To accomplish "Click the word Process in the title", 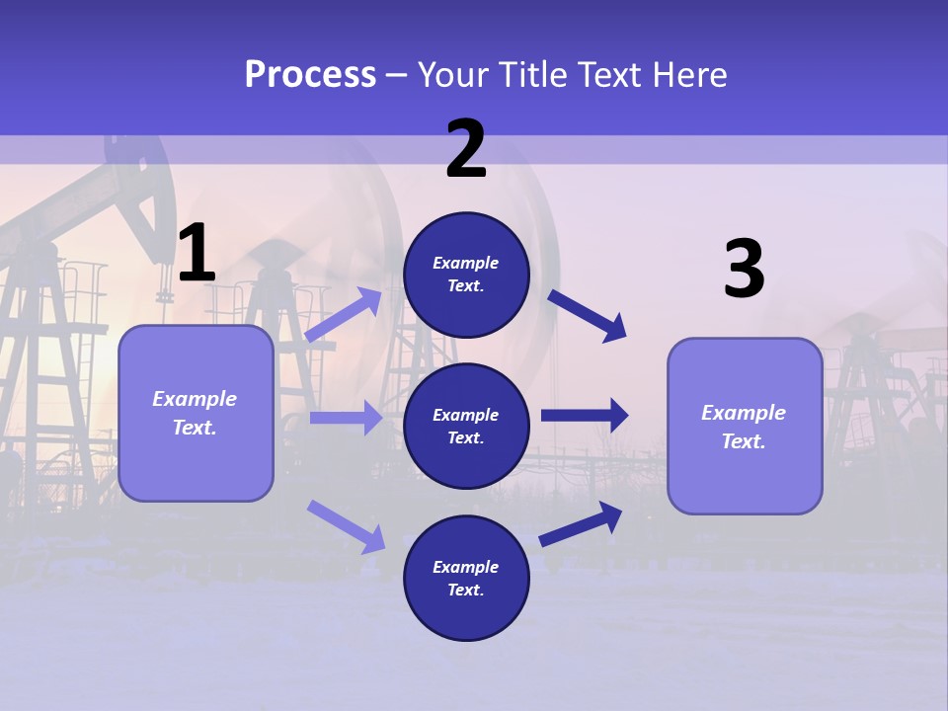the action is pyautogui.click(x=311, y=75).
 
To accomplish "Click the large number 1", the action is pyautogui.click(x=197, y=252).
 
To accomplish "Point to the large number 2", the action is pyautogui.click(x=465, y=148).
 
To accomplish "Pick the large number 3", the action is pyautogui.click(x=745, y=268).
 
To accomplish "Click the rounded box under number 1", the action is pyautogui.click(x=196, y=414).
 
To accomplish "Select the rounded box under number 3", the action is pyautogui.click(x=745, y=427).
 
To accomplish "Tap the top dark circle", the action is pyautogui.click(x=466, y=275).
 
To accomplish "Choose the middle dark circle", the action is pyautogui.click(x=466, y=427).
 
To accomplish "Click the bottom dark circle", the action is pyautogui.click(x=466, y=578).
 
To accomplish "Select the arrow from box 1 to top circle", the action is pyautogui.click(x=343, y=314).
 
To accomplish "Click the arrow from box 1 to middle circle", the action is pyautogui.click(x=347, y=418).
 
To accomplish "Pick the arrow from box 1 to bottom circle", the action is pyautogui.click(x=346, y=526).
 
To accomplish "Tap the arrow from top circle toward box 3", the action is pyautogui.click(x=587, y=316).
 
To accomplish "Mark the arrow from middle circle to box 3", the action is pyautogui.click(x=585, y=416).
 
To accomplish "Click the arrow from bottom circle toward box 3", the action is pyautogui.click(x=581, y=524).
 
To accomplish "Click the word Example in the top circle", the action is pyautogui.click(x=465, y=263).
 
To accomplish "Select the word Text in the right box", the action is pyautogui.click(x=744, y=441).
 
